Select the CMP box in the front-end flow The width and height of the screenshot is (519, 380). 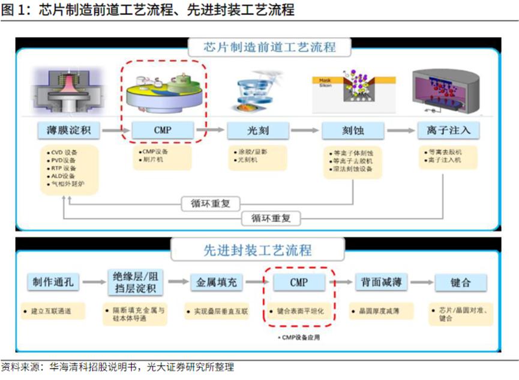click(x=163, y=130)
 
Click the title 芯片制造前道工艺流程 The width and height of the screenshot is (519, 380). click(x=262, y=47)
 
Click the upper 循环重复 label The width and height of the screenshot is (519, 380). click(x=206, y=204)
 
